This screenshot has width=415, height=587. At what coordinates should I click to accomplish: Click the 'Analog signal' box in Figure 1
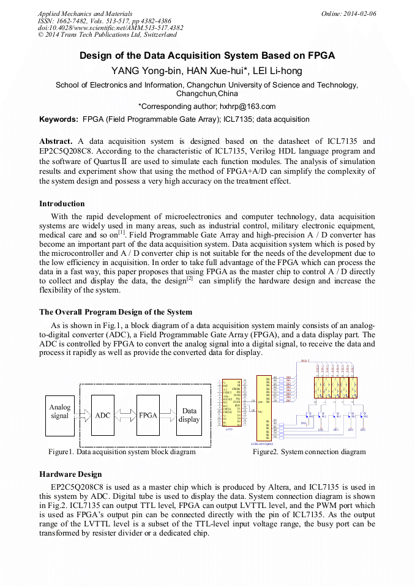tap(60, 412)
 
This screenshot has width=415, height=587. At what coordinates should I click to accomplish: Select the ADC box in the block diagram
tap(103, 415)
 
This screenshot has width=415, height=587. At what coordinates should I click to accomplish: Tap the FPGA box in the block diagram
tap(148, 415)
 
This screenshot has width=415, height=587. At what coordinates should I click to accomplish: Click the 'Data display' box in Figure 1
tap(189, 415)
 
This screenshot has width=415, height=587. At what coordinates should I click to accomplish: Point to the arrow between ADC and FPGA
tap(125, 415)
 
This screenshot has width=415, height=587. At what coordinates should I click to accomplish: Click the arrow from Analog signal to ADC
tap(83, 415)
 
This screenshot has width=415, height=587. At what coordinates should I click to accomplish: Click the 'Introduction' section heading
tap(62, 204)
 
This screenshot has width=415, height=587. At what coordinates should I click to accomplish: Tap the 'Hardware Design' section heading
tap(70, 474)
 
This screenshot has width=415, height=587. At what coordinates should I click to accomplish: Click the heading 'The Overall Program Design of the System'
tap(116, 312)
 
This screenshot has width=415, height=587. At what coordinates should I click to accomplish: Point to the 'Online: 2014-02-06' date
tap(349, 13)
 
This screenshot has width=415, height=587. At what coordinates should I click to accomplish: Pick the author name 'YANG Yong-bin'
tap(145, 71)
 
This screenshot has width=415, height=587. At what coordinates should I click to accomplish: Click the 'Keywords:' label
tap(58, 119)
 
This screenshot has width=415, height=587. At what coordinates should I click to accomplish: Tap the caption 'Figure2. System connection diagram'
tap(309, 452)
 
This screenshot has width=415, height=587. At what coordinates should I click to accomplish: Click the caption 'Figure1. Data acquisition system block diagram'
tap(122, 452)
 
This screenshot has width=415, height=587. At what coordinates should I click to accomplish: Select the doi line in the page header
tap(110, 28)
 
